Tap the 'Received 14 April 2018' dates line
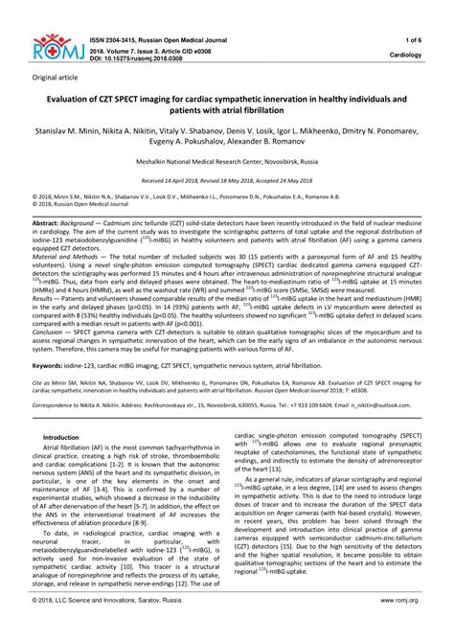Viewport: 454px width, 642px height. point(226,179)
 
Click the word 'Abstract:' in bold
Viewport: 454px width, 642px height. point(48,220)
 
